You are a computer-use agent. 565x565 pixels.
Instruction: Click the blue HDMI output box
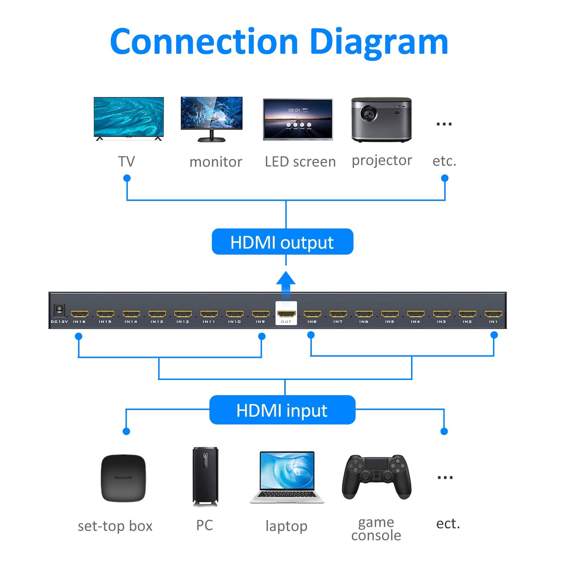282,242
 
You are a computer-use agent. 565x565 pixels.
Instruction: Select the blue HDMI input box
282,410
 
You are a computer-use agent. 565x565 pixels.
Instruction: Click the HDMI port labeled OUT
286,314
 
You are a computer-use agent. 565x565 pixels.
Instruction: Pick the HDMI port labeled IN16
79,314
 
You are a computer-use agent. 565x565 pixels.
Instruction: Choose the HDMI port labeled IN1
493,314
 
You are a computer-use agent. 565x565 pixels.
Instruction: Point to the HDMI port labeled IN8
312,314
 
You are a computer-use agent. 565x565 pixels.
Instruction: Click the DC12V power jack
59,310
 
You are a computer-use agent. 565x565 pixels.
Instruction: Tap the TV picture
129,118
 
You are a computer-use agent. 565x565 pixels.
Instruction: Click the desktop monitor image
211,118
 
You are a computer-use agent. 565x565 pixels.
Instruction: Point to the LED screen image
298,119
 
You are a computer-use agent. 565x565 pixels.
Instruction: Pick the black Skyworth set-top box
123,477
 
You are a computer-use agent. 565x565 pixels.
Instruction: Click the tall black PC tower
205,476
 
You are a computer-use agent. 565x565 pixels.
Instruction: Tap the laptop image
287,476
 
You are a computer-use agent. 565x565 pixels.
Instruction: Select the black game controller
377,476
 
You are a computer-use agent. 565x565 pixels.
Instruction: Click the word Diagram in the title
379,42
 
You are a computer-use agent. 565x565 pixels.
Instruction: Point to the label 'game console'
376,529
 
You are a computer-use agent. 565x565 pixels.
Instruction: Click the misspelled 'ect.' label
448,524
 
